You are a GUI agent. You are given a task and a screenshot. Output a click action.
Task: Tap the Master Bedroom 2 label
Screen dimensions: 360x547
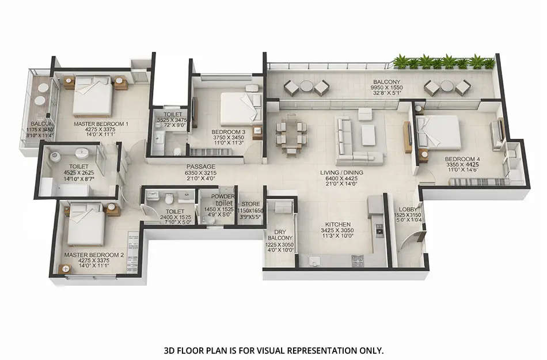[x=94, y=254]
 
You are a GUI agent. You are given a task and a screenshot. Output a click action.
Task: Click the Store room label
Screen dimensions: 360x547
[x=251, y=204]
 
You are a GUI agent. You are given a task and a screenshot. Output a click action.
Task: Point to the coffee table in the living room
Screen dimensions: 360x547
[x=369, y=134]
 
